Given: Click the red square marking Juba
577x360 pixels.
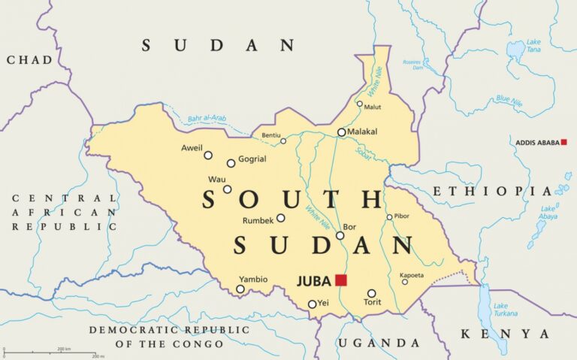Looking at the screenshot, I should [341, 280].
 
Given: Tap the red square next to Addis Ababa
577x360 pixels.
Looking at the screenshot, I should [563, 142].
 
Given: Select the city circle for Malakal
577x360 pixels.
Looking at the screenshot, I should [342, 132].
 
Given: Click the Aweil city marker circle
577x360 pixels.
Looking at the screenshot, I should [208, 156].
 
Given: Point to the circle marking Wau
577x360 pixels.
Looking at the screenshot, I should [227, 189].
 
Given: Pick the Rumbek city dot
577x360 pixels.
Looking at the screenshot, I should [280, 218].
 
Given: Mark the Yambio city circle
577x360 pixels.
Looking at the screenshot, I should [240, 289].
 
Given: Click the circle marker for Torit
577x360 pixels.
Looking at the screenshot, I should [371, 293].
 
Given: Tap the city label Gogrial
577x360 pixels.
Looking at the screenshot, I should [252, 160].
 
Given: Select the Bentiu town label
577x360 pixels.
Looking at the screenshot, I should [270, 135].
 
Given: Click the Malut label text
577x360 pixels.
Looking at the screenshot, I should [372, 107].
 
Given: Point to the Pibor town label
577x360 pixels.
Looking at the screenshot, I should [402, 216].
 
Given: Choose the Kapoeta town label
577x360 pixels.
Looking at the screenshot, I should [412, 275].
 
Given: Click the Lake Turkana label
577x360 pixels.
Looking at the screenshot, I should [505, 309].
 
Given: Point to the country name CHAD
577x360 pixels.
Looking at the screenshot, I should [29, 59].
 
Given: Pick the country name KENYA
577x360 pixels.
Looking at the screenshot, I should [505, 334].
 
